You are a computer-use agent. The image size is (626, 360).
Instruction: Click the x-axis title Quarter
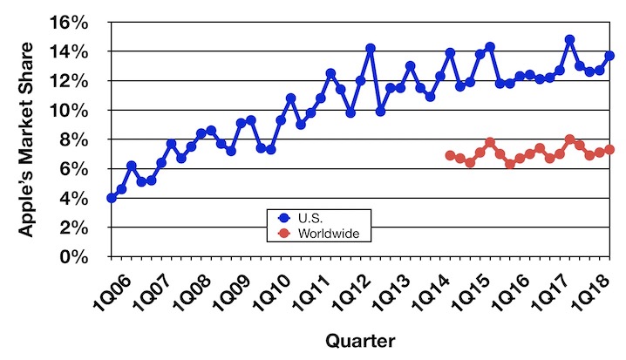point(358,340)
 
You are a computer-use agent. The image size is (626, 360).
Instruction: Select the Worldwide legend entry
point(322,233)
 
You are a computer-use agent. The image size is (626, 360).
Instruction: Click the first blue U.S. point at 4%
point(111,198)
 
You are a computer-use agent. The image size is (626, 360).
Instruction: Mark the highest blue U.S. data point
point(569,40)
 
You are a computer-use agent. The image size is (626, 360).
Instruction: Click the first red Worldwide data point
point(450,155)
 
